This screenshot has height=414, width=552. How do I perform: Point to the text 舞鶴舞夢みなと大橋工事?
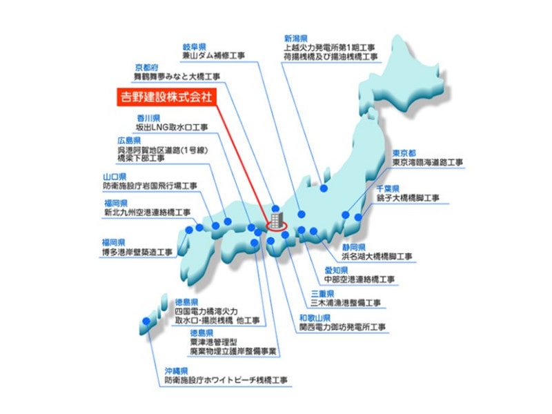click(x=178, y=76)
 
